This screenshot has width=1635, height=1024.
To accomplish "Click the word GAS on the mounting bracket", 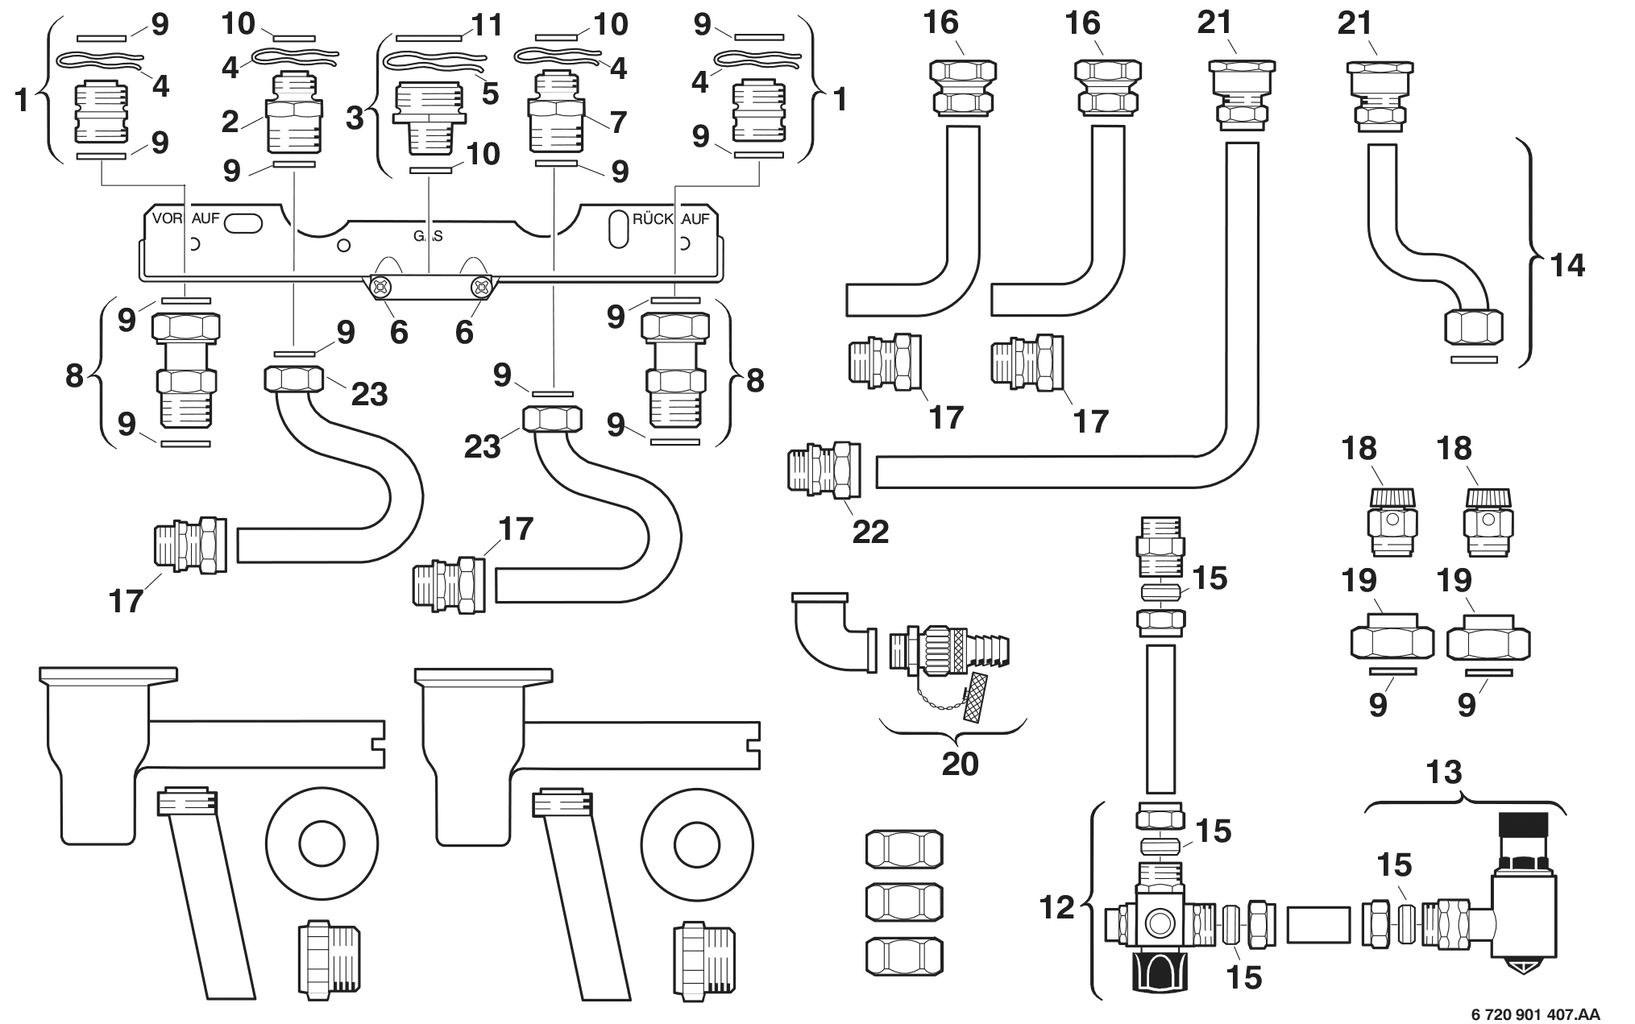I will click(x=428, y=237).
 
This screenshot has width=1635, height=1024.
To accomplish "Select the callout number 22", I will click(x=870, y=531).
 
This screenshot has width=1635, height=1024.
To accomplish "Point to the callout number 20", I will click(x=960, y=763).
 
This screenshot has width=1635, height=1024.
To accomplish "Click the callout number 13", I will click(x=1443, y=773).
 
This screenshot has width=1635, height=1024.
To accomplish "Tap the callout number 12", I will click(x=1056, y=907).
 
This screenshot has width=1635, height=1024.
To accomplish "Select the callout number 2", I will click(x=230, y=122).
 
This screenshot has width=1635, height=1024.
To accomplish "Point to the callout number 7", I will click(x=618, y=122).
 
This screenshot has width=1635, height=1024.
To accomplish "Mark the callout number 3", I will click(x=355, y=118).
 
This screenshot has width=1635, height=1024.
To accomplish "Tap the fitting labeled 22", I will click(x=824, y=470).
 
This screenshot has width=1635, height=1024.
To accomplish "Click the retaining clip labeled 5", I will click(x=435, y=61).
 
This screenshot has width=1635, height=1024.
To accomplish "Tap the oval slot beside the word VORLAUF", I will click(x=243, y=223).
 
